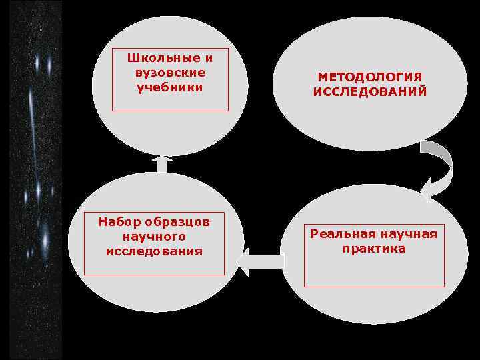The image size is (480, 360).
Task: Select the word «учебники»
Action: [x=170, y=87]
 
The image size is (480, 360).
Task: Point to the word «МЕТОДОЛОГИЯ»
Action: [x=370, y=78]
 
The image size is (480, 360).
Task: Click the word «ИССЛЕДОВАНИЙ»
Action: [x=370, y=93]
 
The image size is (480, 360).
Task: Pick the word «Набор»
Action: [x=116, y=222]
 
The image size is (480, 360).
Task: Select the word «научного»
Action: [x=154, y=237]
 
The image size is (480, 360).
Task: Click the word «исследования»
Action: [x=154, y=251]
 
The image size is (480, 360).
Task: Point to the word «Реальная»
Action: [x=342, y=234]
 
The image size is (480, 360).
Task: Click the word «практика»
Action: [x=374, y=249]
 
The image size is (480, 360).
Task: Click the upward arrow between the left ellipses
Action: [x=162, y=164]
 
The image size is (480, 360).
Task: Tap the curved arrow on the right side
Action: [x=440, y=163]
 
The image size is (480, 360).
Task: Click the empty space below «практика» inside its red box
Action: [x=374, y=270]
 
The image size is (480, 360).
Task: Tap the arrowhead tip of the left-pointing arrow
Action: [x=240, y=261]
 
